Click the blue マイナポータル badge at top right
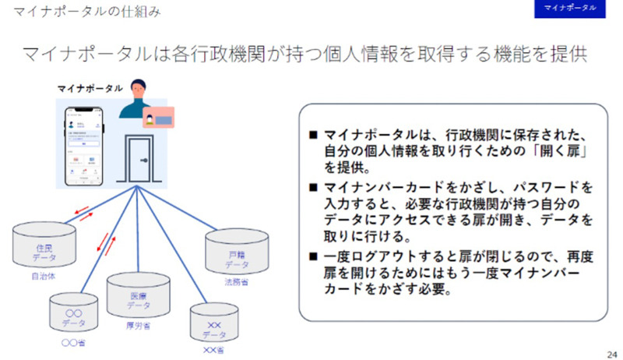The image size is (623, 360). coord(570,9)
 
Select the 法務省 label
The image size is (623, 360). coord(236,282)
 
